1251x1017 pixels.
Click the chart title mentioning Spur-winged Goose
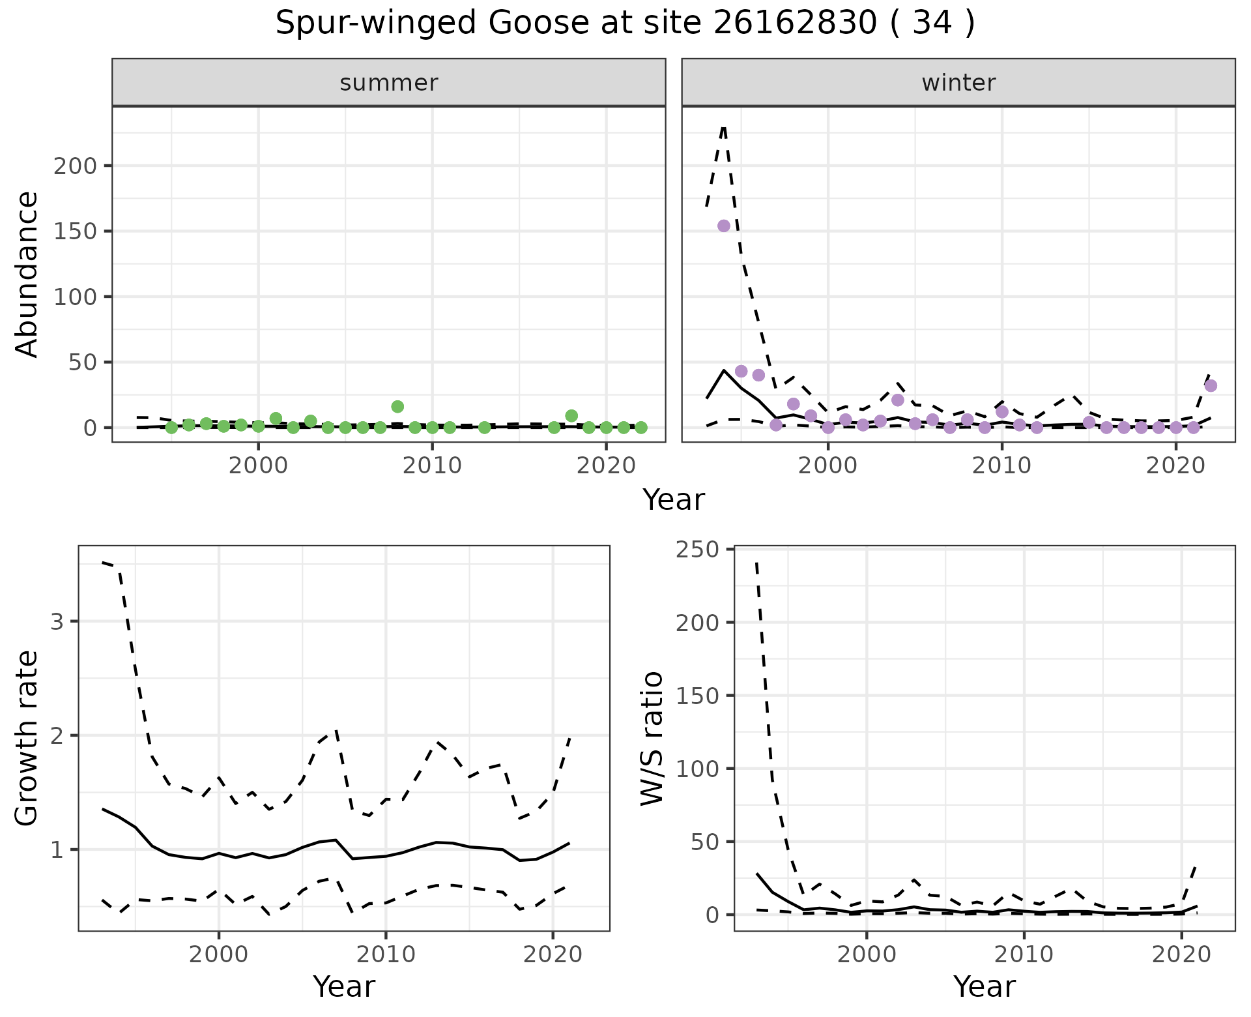point(625,24)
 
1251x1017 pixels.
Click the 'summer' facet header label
point(389,83)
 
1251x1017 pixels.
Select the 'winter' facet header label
point(958,83)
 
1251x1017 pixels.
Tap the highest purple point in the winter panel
point(723,226)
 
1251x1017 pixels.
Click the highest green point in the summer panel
point(397,406)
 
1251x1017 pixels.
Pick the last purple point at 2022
point(1211,385)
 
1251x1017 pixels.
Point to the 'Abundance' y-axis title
point(27,274)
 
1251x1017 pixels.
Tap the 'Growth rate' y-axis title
point(27,738)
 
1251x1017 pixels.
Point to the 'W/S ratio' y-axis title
point(652,738)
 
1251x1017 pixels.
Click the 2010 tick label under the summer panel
point(432,465)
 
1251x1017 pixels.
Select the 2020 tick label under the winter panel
point(1175,465)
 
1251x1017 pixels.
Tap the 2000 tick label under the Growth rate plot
point(219,954)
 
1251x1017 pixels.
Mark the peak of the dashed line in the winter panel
point(724,127)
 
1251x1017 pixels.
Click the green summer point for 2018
point(571,415)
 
